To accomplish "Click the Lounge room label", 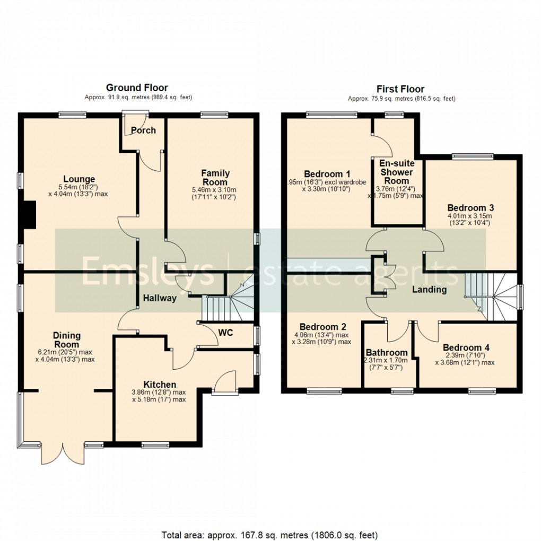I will (79, 179).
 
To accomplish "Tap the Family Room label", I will (215, 178).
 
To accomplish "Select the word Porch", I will (143, 130).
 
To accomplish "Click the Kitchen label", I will (160, 385).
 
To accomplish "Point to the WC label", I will (225, 333).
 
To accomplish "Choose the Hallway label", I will (159, 298).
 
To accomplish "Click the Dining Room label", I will (66, 339).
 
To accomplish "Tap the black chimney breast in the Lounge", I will (29, 215).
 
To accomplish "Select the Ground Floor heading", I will (137, 88).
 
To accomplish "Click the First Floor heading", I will (400, 89).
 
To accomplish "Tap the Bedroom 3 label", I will (470, 207).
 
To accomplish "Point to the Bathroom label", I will (387, 353).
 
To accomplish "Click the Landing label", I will (430, 290).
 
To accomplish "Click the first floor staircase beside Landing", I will (491, 297).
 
